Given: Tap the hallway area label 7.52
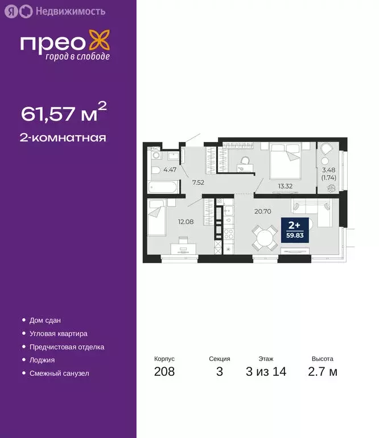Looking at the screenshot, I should pos(198,183).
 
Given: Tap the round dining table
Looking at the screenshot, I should pos(263,236).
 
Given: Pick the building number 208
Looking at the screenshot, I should pos(164,372).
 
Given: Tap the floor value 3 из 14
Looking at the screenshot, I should pos(266,372).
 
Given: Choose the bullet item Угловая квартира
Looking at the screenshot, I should pos(59,333).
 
